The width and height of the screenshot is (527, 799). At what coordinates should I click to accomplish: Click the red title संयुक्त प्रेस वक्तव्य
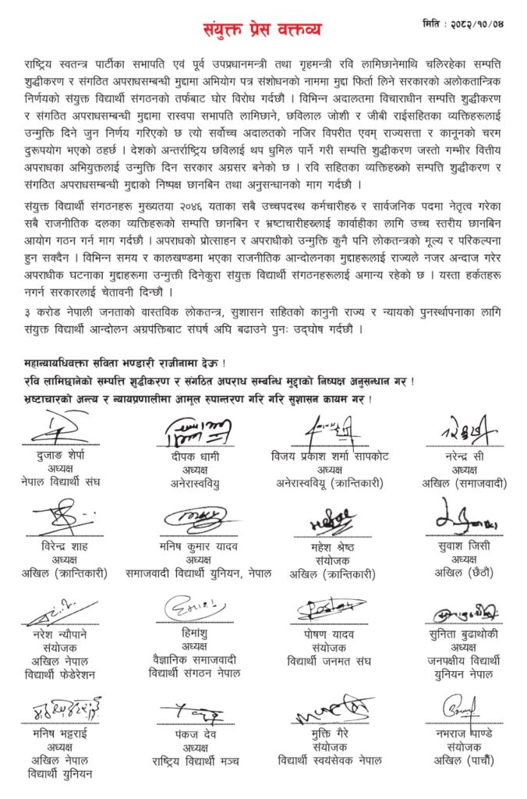point(263,28)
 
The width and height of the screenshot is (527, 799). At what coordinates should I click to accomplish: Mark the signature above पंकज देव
point(197,711)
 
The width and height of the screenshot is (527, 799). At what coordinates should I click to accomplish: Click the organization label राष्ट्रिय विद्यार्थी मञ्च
point(197,761)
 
